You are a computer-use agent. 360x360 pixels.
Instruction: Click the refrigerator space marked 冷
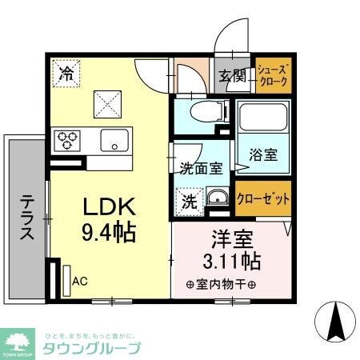click(68, 74)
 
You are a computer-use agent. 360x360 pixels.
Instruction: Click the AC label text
click(79, 282)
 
